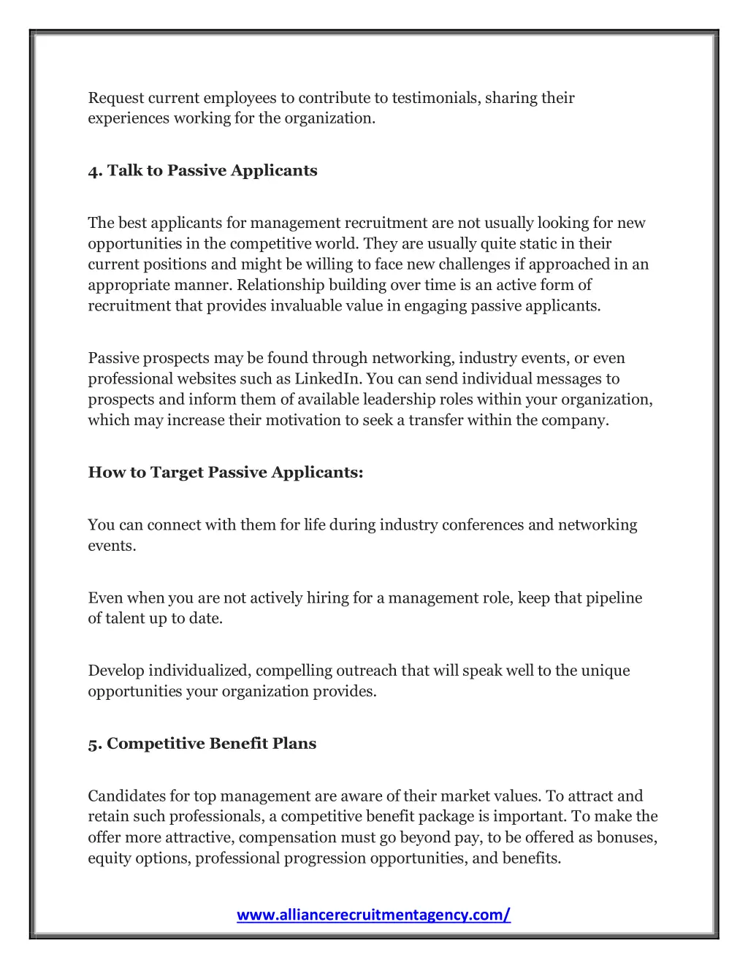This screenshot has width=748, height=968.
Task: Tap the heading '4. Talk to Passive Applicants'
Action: tap(202, 170)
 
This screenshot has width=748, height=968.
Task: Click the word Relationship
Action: tap(281, 285)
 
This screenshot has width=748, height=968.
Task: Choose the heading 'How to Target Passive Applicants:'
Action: tap(225, 472)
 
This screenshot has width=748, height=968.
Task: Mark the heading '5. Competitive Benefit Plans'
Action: tap(202, 744)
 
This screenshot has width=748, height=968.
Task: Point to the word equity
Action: tap(108, 858)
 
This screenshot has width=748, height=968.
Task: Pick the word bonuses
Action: tap(627, 837)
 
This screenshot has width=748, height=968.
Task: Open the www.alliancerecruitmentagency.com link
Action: tap(373, 915)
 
